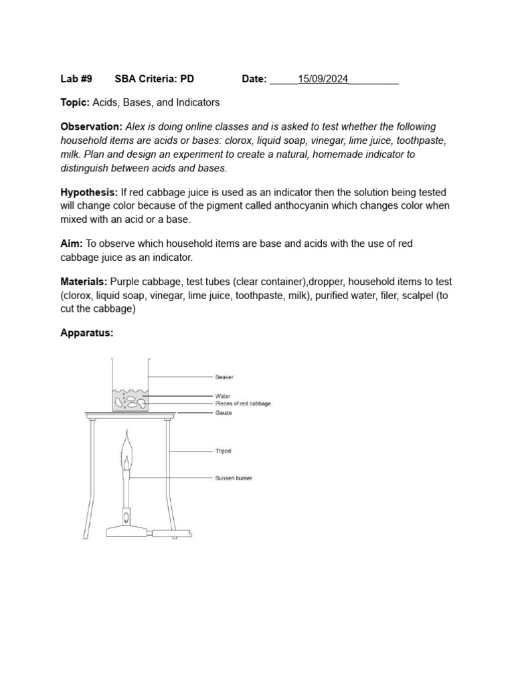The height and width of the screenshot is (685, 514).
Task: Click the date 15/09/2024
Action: (323, 79)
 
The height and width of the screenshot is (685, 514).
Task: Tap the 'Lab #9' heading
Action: (76, 79)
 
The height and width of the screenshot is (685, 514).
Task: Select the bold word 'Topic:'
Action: (75, 102)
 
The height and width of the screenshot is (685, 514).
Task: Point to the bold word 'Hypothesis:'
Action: (89, 192)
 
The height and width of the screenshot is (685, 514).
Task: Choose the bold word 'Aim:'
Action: (71, 243)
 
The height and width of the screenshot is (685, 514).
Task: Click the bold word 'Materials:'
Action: (84, 282)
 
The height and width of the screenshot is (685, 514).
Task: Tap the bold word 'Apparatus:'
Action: (87, 332)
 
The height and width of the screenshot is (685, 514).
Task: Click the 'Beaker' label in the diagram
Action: (224, 377)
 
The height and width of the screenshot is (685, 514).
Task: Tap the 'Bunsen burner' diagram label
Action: (234, 478)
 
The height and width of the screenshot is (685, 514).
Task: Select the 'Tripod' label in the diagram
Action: (224, 451)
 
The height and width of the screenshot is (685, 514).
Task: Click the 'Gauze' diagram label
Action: (224, 413)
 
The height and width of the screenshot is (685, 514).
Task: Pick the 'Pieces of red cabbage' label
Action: (243, 404)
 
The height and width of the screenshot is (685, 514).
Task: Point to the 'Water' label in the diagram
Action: (223, 396)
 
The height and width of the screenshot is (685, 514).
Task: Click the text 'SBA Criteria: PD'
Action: (154, 79)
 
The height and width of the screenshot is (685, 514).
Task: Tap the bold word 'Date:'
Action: (254, 79)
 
